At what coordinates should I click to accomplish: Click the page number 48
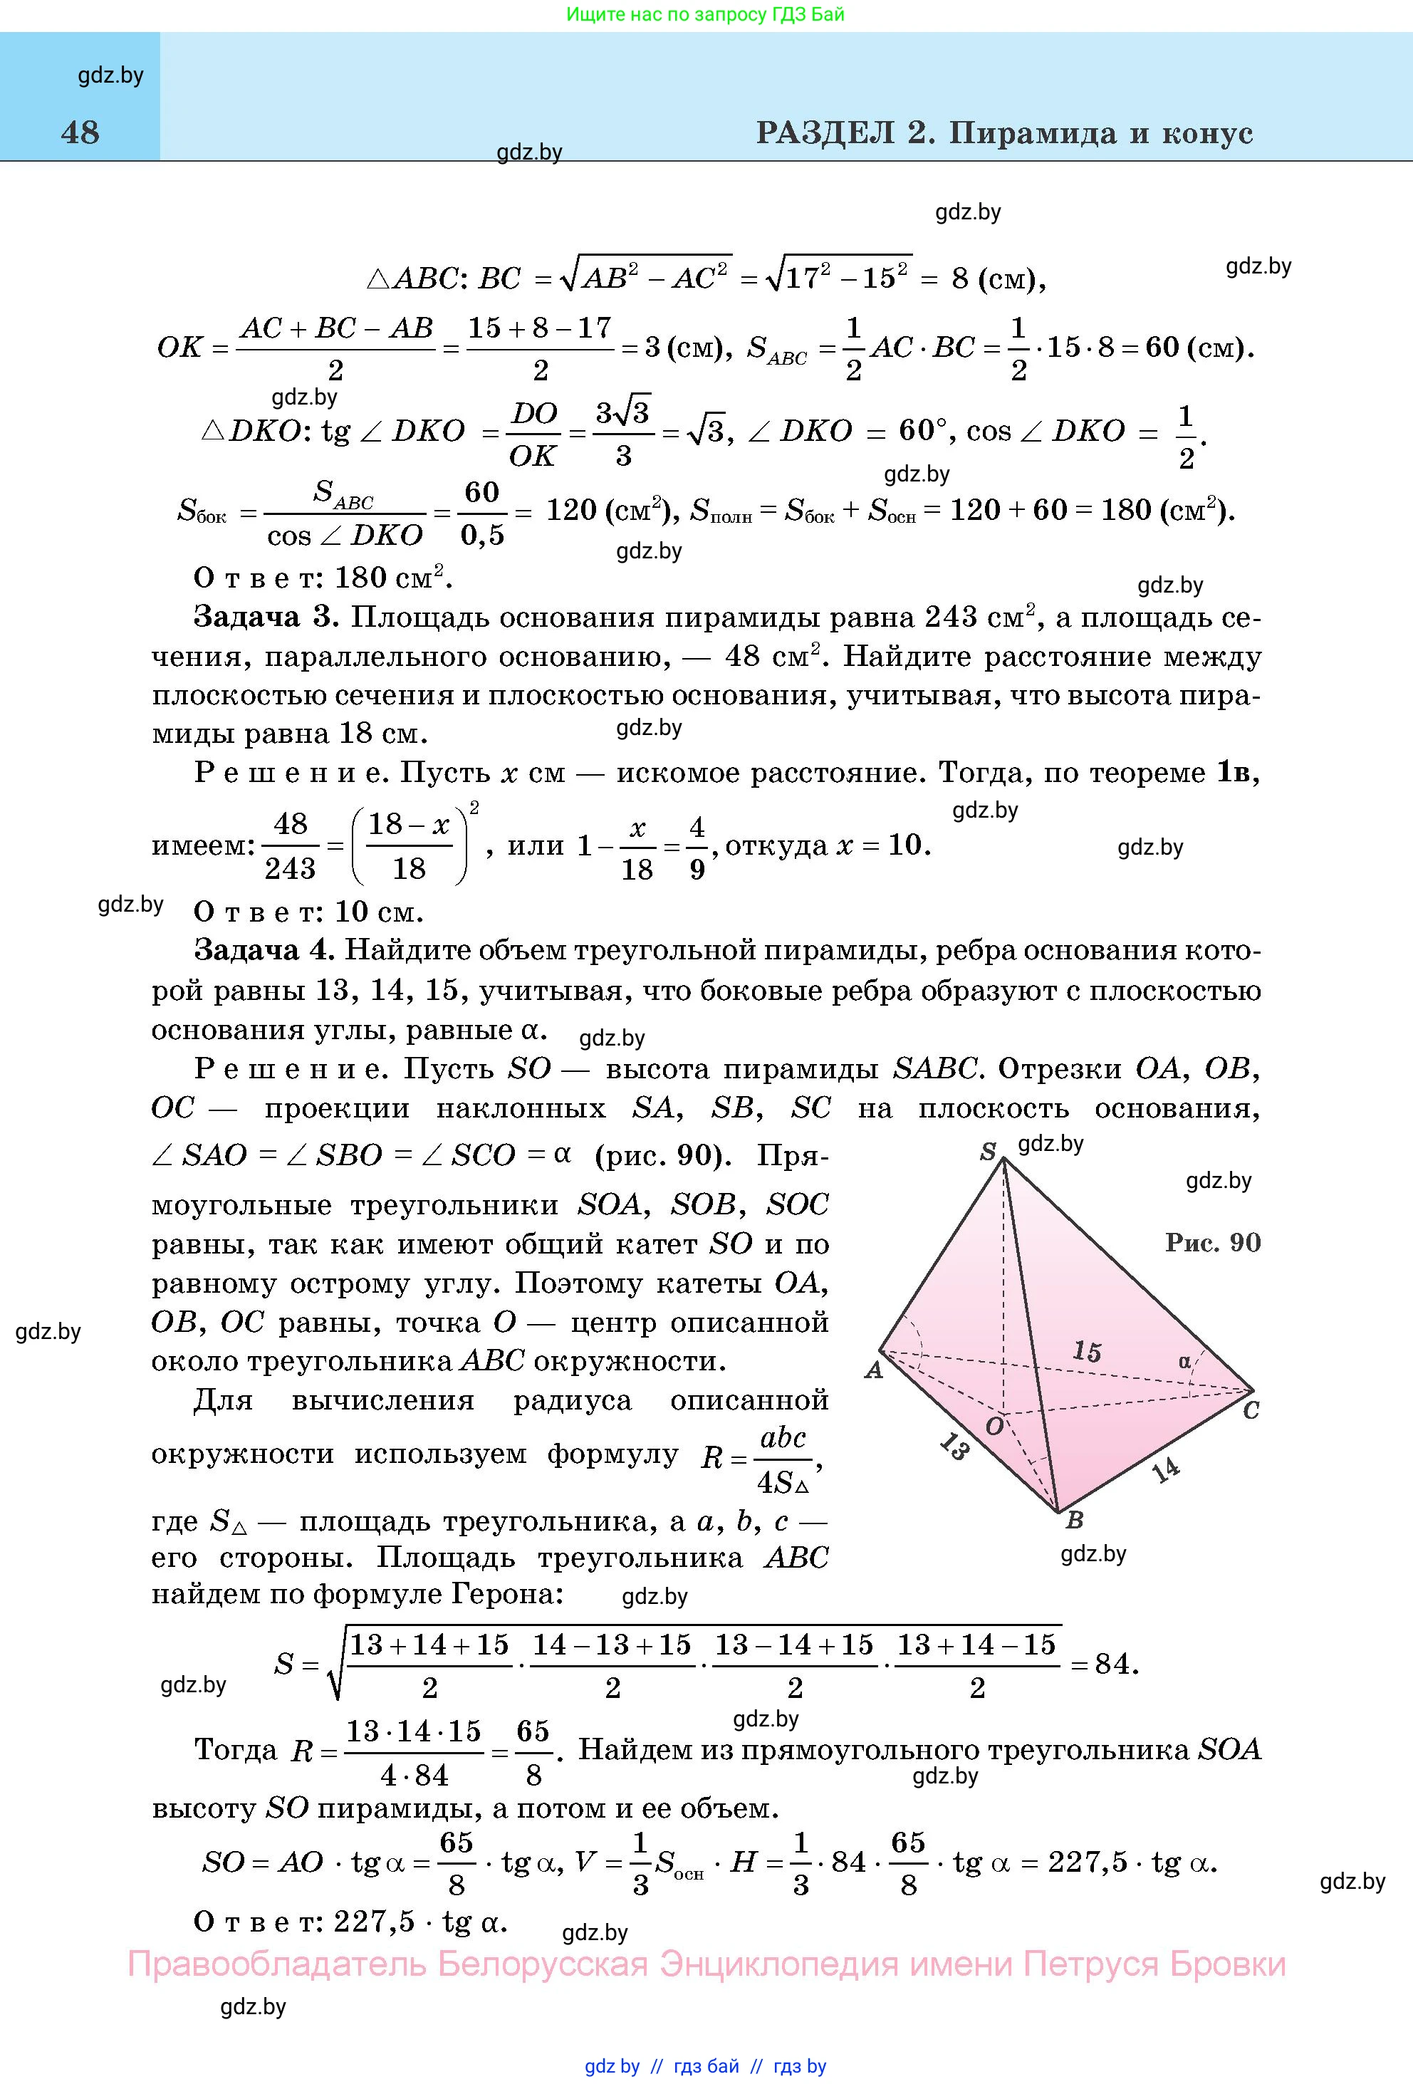80,132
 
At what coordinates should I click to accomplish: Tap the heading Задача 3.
266,617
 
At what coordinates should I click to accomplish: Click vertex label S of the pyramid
987,1152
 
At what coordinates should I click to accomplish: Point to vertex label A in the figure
873,1370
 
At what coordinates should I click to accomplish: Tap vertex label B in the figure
1074,1519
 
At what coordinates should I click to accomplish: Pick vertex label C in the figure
1251,1410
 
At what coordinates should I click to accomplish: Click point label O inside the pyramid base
994,1426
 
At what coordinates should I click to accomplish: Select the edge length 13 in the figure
955,1447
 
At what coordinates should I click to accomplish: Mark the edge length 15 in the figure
1087,1351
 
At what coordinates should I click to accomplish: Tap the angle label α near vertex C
1184,1361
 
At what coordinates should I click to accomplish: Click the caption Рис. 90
1212,1242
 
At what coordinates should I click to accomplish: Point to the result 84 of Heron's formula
1112,1664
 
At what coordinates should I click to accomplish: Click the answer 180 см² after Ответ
392,577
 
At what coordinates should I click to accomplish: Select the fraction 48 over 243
291,845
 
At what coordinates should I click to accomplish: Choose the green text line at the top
706,14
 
